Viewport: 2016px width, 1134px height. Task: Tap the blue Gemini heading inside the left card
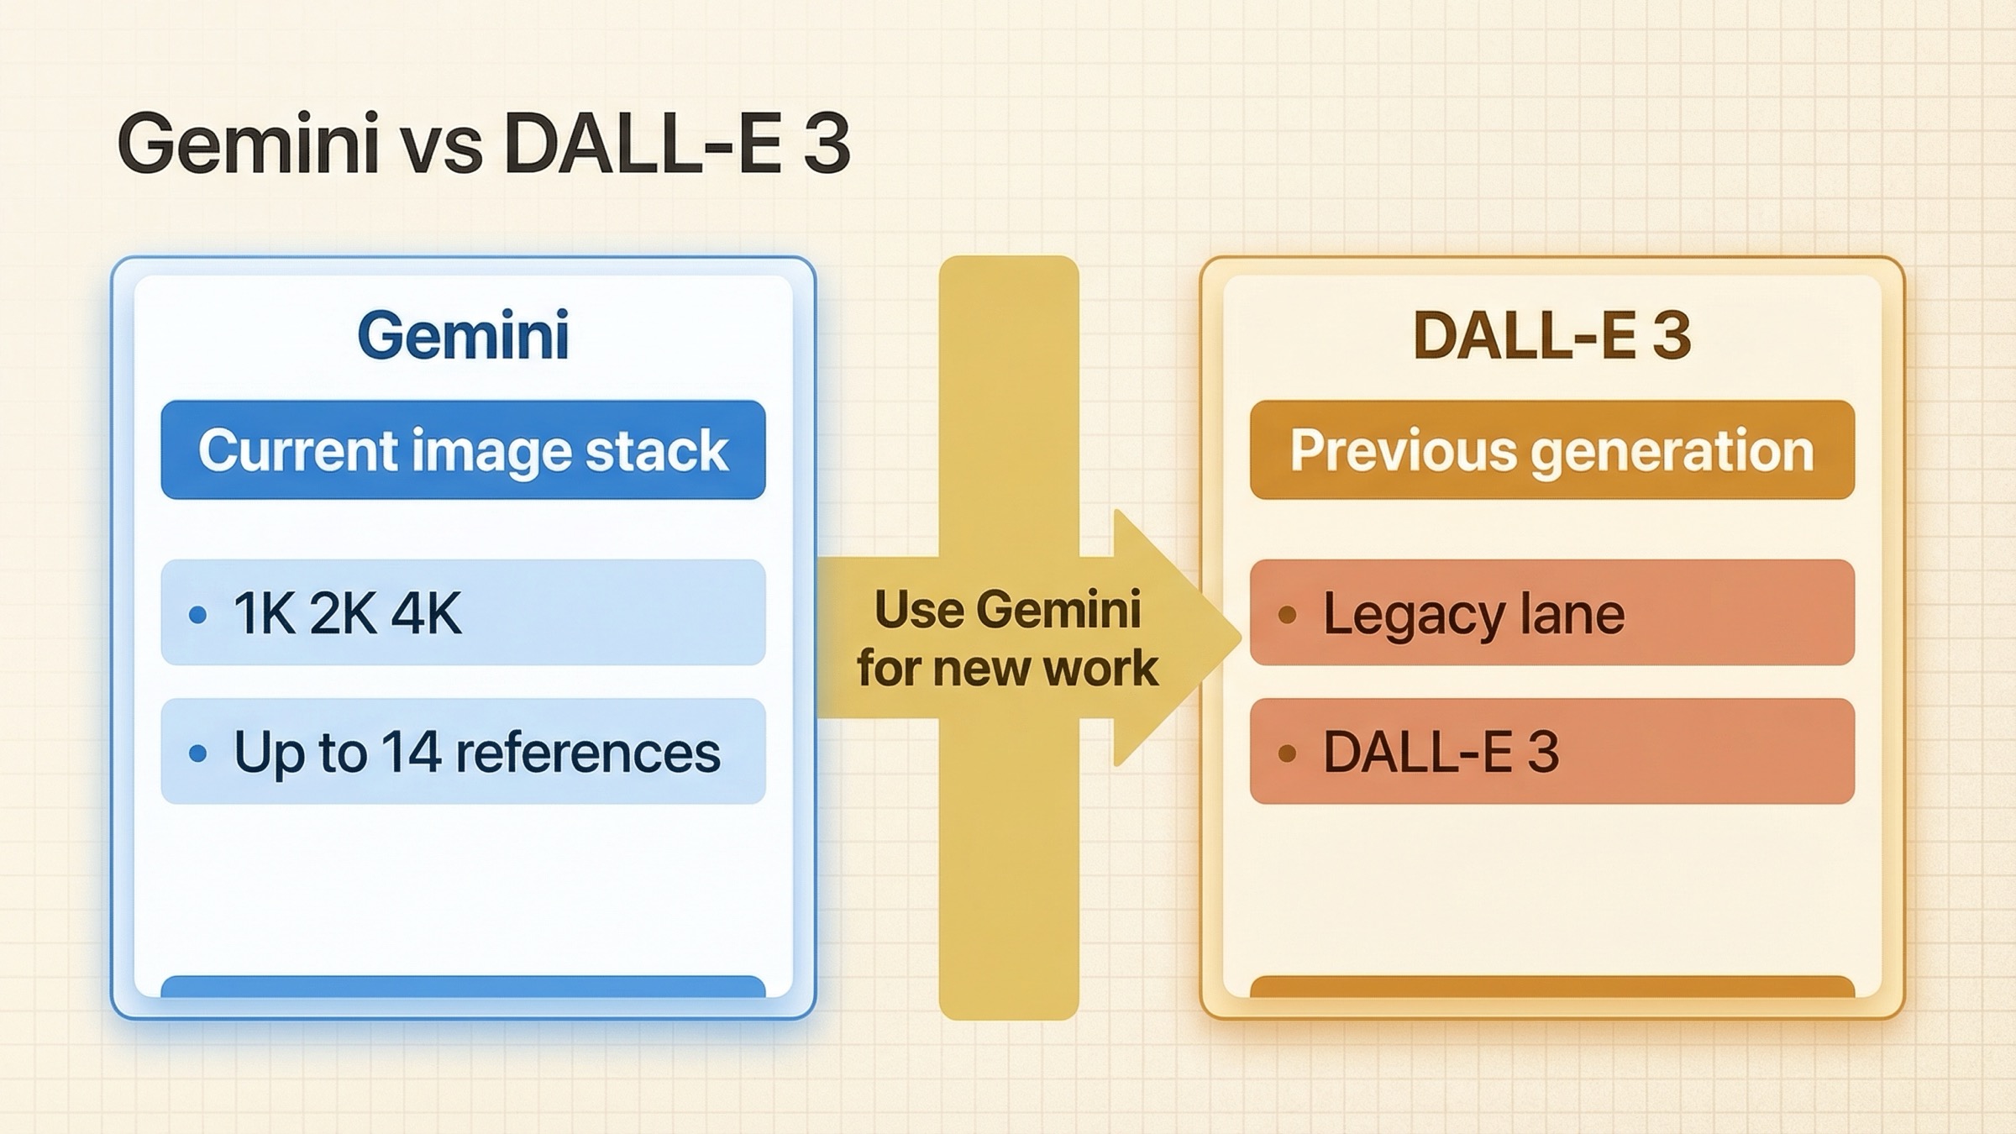(463, 335)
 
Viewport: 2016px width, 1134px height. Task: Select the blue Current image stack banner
(463, 450)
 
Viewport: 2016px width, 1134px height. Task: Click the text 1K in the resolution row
(264, 613)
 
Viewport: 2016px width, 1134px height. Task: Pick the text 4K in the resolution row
(426, 613)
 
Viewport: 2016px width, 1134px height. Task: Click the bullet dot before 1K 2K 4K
(198, 616)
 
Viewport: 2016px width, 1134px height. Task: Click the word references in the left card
(587, 753)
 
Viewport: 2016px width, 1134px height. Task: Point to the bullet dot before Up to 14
(198, 753)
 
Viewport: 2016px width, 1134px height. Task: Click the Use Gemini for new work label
(1007, 638)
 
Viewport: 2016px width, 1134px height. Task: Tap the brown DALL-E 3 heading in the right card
(1551, 335)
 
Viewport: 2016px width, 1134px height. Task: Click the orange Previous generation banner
(1551, 450)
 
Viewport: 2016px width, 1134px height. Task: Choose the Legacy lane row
(1551, 613)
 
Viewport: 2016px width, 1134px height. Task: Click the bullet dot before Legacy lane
(1287, 616)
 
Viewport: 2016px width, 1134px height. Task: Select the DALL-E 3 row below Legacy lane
(1551, 751)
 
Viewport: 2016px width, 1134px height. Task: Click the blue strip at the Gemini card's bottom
(463, 986)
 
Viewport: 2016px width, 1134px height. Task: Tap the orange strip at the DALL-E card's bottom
(1551, 986)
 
